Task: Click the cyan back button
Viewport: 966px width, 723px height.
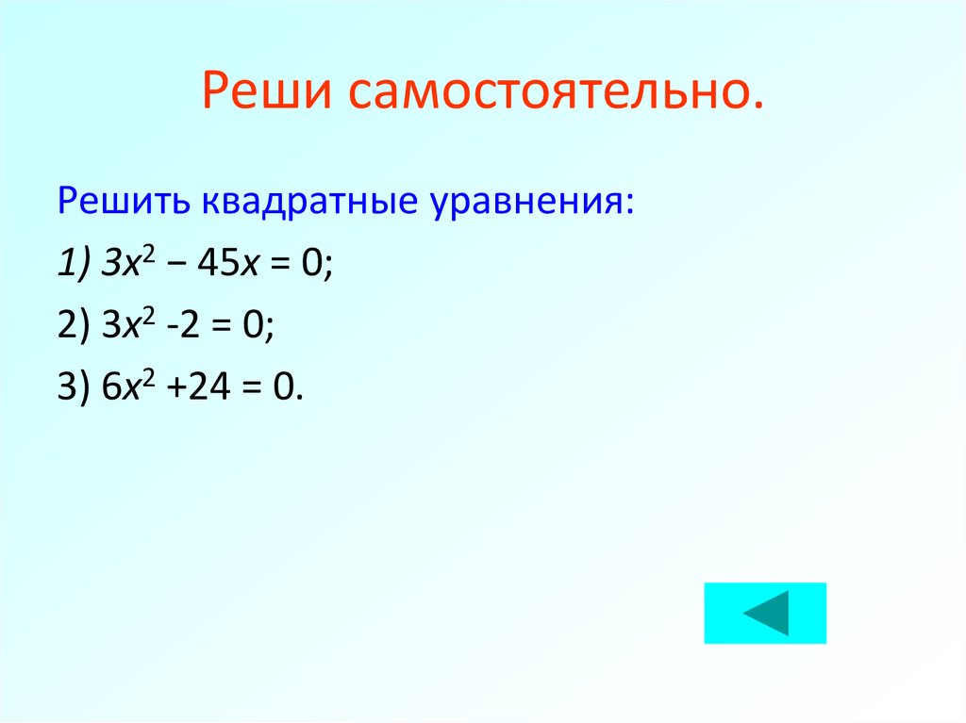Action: tap(765, 614)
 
